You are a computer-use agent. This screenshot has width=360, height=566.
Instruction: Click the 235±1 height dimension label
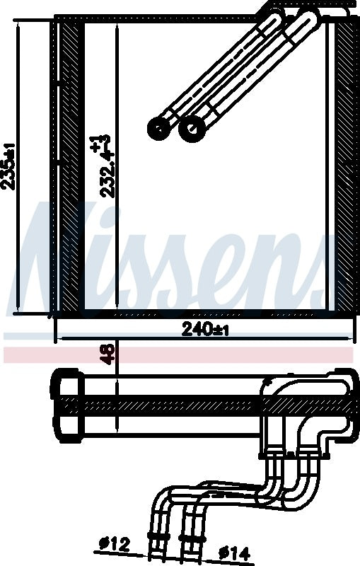pos(9,166)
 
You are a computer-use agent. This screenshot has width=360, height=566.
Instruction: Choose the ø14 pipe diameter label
pos(234,553)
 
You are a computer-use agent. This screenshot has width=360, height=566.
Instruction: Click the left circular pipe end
pos(159,128)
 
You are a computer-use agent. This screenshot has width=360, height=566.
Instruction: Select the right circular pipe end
pos(191,128)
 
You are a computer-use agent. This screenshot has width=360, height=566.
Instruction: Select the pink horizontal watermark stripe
pos(177,355)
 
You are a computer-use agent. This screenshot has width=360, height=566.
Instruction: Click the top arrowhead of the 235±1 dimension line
pos(16,23)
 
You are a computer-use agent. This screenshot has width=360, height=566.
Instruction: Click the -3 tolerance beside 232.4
pos(107,139)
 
